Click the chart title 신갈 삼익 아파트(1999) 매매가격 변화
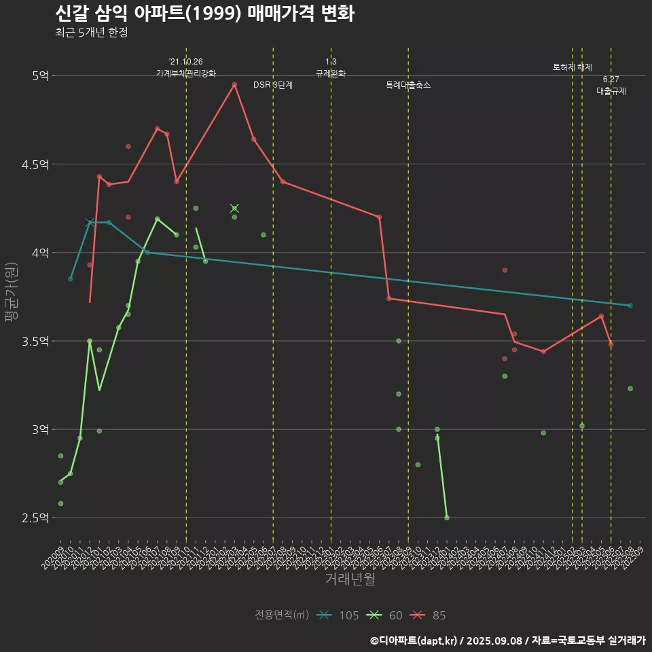pos(204,14)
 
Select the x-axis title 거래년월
pos(350,579)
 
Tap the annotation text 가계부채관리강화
pos(186,73)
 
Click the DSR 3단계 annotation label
pos(273,86)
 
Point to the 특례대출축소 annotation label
pos(407,86)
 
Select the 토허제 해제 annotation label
pos(573,67)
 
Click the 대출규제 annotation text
pos(611,91)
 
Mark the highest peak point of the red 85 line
pos(234,85)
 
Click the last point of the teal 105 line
pos(630,306)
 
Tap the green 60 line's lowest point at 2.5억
pos(446,518)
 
